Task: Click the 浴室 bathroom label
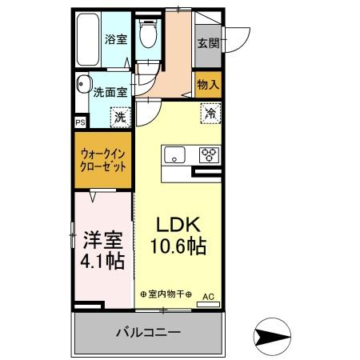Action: (x=115, y=39)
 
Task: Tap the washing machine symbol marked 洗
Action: (x=119, y=118)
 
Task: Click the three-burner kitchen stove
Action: (x=209, y=154)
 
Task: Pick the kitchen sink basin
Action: (x=175, y=154)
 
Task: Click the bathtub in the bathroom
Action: (x=87, y=38)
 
